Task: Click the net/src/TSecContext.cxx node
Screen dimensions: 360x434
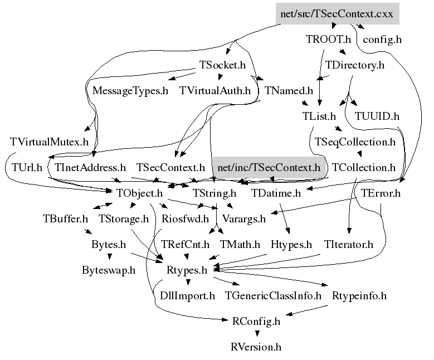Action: point(337,14)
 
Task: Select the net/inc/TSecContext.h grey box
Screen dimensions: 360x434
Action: point(270,167)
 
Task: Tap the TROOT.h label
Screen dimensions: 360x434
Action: point(328,40)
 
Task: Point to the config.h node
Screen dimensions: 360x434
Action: point(382,40)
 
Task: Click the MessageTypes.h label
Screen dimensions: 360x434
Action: point(130,90)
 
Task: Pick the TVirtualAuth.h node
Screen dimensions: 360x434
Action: point(215,90)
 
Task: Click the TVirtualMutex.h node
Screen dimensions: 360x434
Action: point(49,142)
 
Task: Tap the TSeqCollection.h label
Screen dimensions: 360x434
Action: point(355,142)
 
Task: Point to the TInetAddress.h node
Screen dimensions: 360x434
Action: point(90,167)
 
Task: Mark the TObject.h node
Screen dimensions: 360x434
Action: point(140,193)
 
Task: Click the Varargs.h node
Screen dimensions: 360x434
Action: point(244,219)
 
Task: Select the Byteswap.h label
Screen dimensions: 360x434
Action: point(109,270)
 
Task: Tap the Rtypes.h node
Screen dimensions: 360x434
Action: point(187,270)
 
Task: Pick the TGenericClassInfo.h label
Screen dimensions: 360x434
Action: point(274,295)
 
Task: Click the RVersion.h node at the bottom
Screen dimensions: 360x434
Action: point(256,347)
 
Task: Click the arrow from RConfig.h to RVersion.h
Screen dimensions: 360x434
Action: point(256,334)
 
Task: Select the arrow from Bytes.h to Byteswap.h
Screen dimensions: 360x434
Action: point(109,257)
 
